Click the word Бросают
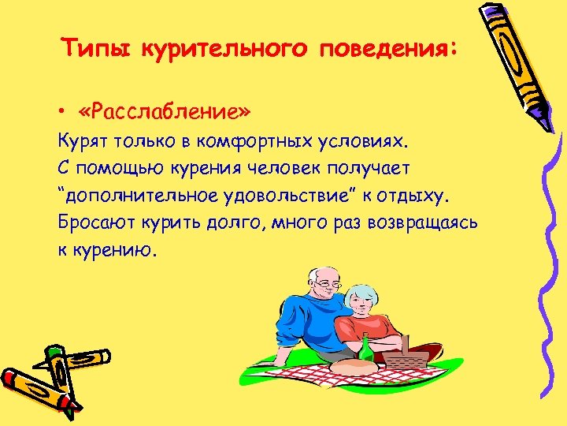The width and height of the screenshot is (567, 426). [92, 221]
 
